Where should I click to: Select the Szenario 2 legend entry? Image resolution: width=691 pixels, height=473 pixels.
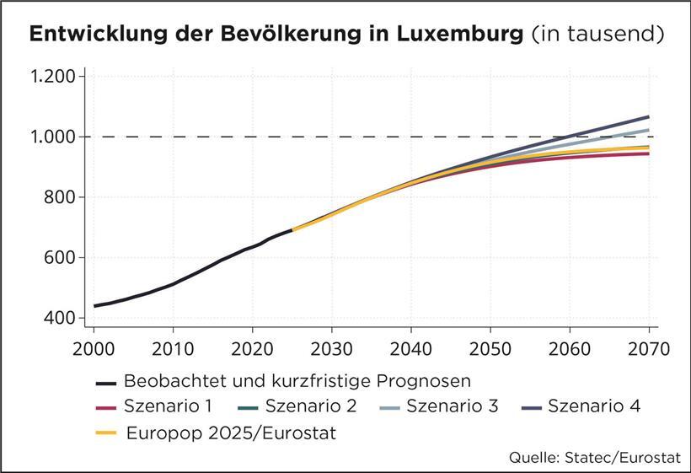[x=311, y=406]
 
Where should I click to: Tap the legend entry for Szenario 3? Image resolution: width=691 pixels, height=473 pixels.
[x=453, y=406]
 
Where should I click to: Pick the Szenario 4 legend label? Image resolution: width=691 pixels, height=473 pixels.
[x=594, y=406]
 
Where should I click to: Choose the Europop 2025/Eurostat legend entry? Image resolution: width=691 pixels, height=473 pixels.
[x=230, y=433]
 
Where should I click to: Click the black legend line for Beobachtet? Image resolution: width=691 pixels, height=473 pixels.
[x=105, y=379]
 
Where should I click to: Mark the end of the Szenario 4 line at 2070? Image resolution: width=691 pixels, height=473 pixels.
[x=648, y=116]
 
